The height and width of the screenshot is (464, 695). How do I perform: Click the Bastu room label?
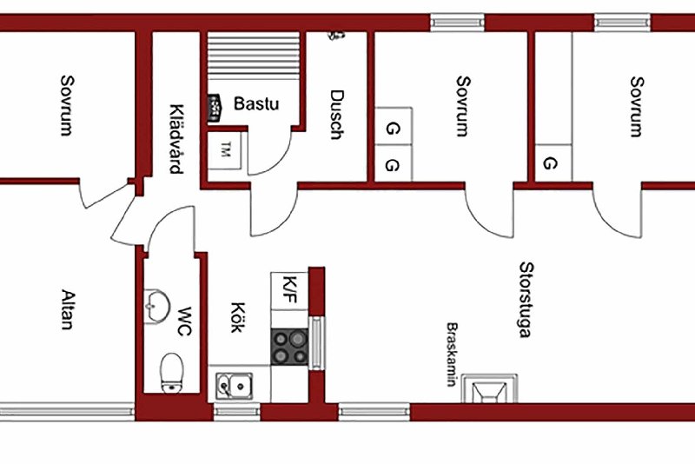(x=256, y=103)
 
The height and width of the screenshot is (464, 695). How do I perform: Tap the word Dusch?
(x=337, y=115)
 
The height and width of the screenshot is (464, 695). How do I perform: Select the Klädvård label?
(x=176, y=139)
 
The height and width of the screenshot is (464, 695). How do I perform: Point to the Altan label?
(x=68, y=309)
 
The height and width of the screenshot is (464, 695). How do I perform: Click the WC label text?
(x=184, y=321)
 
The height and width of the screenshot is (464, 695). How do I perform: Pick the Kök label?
(x=238, y=317)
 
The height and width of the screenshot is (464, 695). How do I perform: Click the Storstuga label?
(x=526, y=300)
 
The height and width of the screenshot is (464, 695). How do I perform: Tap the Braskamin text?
(x=452, y=355)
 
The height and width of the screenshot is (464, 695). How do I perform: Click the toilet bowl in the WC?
(x=172, y=373)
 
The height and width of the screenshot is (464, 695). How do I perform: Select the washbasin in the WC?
(x=157, y=306)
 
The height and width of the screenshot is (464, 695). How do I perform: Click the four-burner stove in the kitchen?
(x=289, y=347)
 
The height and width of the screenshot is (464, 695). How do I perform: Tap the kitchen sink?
(x=235, y=386)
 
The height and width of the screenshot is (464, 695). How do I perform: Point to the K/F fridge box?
(x=289, y=291)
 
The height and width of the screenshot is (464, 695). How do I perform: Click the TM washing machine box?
(x=225, y=150)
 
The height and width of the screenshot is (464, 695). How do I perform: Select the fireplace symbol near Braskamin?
(x=489, y=388)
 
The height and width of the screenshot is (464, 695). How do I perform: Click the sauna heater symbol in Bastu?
(x=214, y=108)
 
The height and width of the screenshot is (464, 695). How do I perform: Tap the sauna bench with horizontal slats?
(x=254, y=56)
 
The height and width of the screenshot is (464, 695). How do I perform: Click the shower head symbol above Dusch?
(x=335, y=35)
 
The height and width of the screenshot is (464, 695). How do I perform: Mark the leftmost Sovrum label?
(x=68, y=105)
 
